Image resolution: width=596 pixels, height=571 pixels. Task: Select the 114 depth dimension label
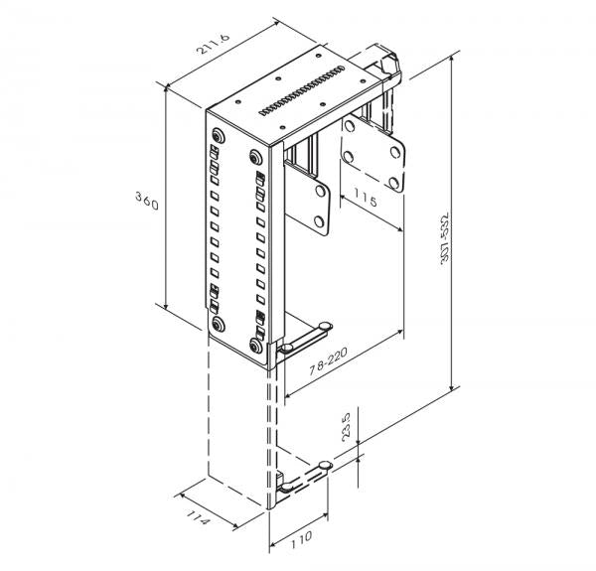pyautogui.click(x=200, y=517)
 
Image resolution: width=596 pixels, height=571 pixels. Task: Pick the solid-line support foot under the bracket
pyautogui.click(x=304, y=344)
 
